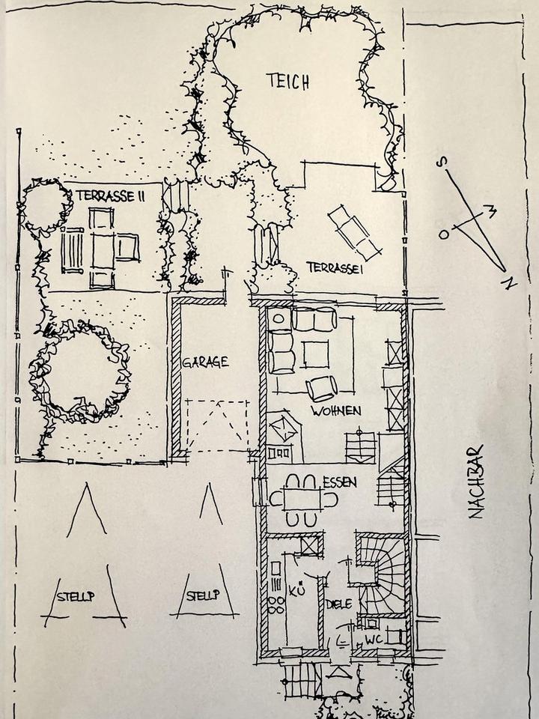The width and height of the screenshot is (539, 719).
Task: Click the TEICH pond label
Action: click(x=287, y=82)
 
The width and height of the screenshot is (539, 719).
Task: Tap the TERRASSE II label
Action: click(x=110, y=195)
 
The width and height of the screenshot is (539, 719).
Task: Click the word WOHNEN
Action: click(x=337, y=410)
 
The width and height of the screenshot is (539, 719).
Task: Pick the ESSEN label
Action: click(x=339, y=483)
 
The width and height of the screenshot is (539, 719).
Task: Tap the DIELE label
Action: click(x=339, y=604)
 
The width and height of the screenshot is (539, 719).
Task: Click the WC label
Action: click(x=374, y=640)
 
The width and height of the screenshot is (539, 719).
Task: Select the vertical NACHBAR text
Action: click(x=475, y=482)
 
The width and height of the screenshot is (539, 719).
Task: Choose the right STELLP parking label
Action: click(x=203, y=597)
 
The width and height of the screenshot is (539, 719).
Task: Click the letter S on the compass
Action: click(x=443, y=161)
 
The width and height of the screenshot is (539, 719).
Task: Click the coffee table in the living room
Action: click(x=316, y=354)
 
